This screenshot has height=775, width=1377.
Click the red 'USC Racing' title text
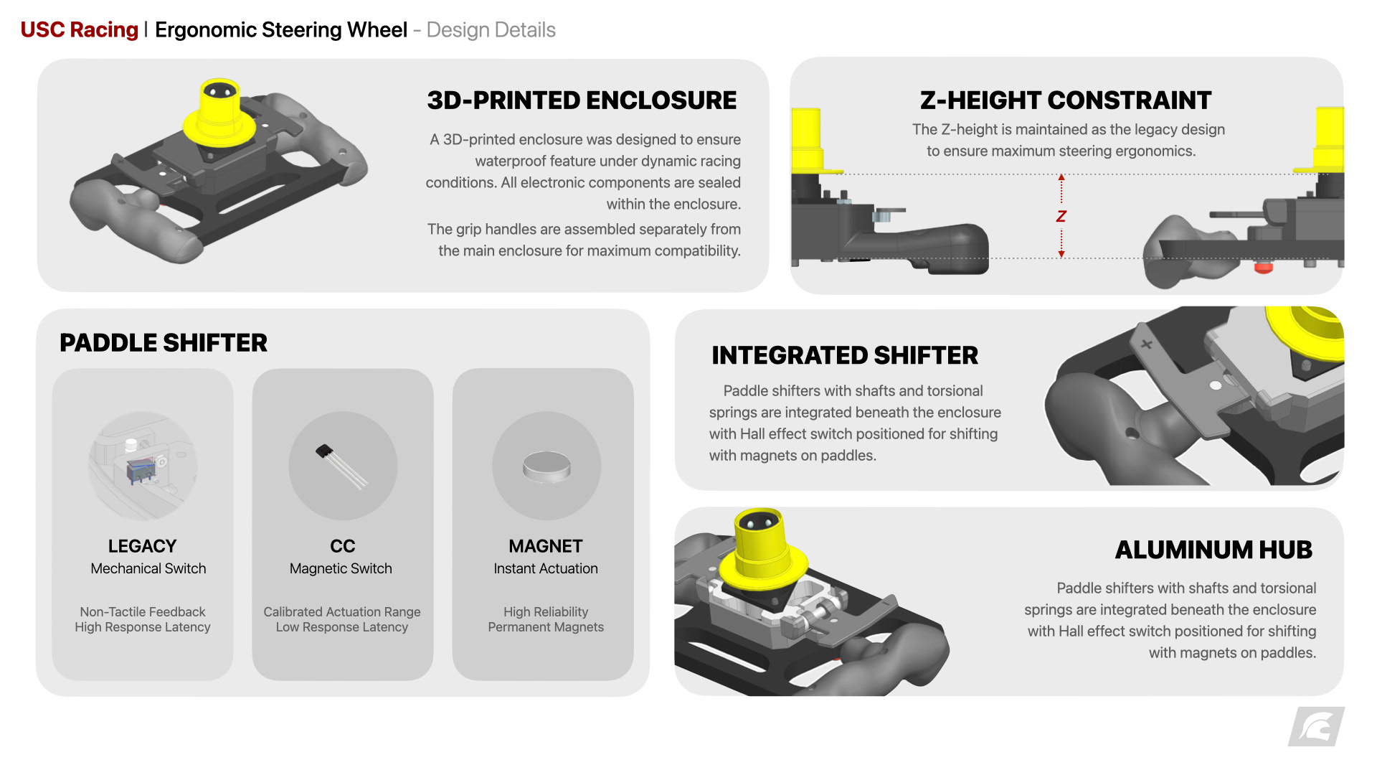(x=79, y=30)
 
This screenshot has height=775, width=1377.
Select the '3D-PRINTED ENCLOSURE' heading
(x=582, y=100)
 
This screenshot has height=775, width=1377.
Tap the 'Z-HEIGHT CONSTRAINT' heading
(x=1066, y=100)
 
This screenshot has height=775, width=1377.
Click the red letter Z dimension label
(x=1061, y=216)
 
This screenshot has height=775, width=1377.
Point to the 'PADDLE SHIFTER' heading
(x=164, y=343)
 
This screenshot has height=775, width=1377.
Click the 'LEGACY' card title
(x=142, y=546)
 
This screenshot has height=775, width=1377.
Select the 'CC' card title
(x=342, y=546)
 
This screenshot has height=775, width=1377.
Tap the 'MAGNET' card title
(x=545, y=546)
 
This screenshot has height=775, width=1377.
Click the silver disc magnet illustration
(x=546, y=466)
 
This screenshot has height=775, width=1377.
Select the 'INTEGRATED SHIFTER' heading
(x=845, y=355)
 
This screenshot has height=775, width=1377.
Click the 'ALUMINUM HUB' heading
(x=1213, y=550)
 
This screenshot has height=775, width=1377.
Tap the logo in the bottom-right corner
(x=1317, y=727)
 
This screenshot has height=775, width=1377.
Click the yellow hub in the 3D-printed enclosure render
(x=219, y=115)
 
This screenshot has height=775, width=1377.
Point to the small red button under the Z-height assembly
(x=1263, y=268)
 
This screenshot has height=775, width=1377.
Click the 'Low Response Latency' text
(x=341, y=627)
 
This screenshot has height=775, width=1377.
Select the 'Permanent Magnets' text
(x=545, y=627)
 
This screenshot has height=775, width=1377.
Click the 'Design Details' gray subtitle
(x=491, y=30)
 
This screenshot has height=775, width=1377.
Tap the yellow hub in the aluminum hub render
(x=762, y=549)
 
